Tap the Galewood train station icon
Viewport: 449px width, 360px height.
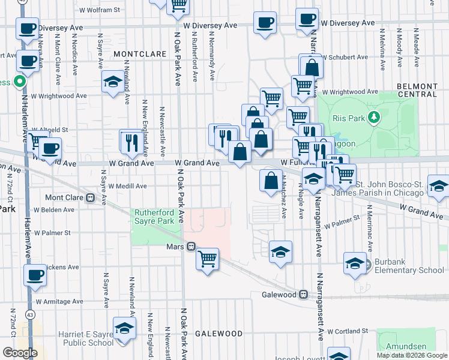coord(304,295)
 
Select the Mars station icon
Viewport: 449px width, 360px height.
coord(190,247)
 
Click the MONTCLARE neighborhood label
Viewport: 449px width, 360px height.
coord(140,54)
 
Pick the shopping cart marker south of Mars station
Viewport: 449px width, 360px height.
coord(207,259)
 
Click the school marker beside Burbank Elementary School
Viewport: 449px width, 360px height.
coord(355,263)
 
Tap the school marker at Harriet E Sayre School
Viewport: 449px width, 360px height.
coord(124,329)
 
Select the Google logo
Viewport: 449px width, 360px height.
coord(20,353)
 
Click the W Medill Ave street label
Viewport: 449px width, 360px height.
coord(127,187)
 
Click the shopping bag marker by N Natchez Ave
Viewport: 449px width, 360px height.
coord(271,179)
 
